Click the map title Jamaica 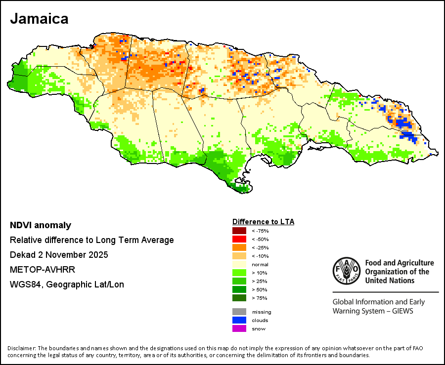tap(39, 19)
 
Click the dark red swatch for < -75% tap(239, 231)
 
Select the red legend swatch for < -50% tap(239, 239)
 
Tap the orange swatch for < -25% tap(239, 247)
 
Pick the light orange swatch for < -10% tap(239, 256)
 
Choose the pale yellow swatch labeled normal tap(239, 264)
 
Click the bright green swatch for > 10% tap(239, 273)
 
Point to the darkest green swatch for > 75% tap(239, 298)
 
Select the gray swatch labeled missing tap(239, 312)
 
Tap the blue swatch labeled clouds tap(239, 320)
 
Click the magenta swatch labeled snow tap(239, 328)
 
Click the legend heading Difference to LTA tap(263, 222)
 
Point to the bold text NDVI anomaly tap(41, 226)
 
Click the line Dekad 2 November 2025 tap(59, 255)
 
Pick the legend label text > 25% tap(259, 282)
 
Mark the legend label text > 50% tap(259, 290)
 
